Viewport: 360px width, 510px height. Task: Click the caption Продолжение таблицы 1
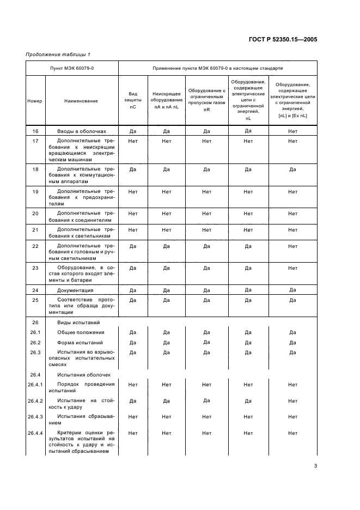(x=58, y=54)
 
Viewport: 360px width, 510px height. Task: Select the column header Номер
(x=35, y=101)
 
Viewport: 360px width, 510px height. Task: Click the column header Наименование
(x=81, y=101)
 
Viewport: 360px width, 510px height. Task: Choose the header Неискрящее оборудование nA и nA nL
(x=167, y=100)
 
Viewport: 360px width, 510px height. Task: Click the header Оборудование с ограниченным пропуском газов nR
(x=206, y=100)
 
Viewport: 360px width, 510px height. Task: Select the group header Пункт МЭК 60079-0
(x=72, y=68)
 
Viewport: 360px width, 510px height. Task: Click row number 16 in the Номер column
(x=35, y=131)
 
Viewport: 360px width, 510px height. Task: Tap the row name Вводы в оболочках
(x=81, y=131)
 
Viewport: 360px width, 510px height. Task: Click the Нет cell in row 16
(x=292, y=131)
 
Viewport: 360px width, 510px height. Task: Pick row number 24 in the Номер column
(x=35, y=290)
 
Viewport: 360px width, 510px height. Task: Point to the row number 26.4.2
(x=35, y=400)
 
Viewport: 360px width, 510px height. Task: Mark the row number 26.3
(x=35, y=353)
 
